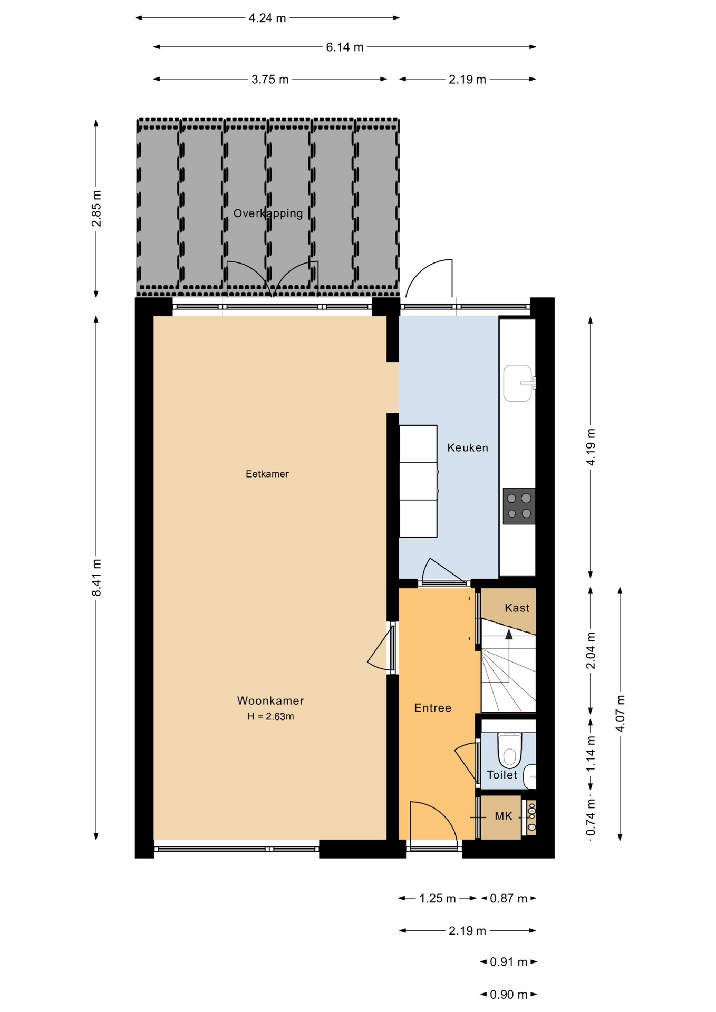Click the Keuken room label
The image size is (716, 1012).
click(467, 447)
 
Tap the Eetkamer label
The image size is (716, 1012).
click(267, 474)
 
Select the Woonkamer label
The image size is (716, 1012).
click(270, 700)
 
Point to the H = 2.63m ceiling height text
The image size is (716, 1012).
click(270, 716)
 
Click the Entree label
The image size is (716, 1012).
click(433, 708)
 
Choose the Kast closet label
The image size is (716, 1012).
click(517, 608)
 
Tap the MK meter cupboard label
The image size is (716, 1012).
click(504, 816)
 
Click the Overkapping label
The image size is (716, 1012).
click(268, 213)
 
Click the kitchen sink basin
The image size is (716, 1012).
click(518, 383)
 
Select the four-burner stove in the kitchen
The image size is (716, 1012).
click(519, 506)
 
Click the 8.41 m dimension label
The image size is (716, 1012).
click(96, 578)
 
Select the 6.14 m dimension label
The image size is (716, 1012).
click(345, 47)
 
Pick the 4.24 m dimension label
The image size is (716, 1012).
click(267, 18)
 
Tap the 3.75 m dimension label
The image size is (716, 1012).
click(270, 80)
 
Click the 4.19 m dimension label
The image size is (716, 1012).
click(591, 447)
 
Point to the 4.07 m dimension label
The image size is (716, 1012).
click(621, 713)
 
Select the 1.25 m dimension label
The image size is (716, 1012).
click(438, 898)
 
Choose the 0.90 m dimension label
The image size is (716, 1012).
click(509, 995)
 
